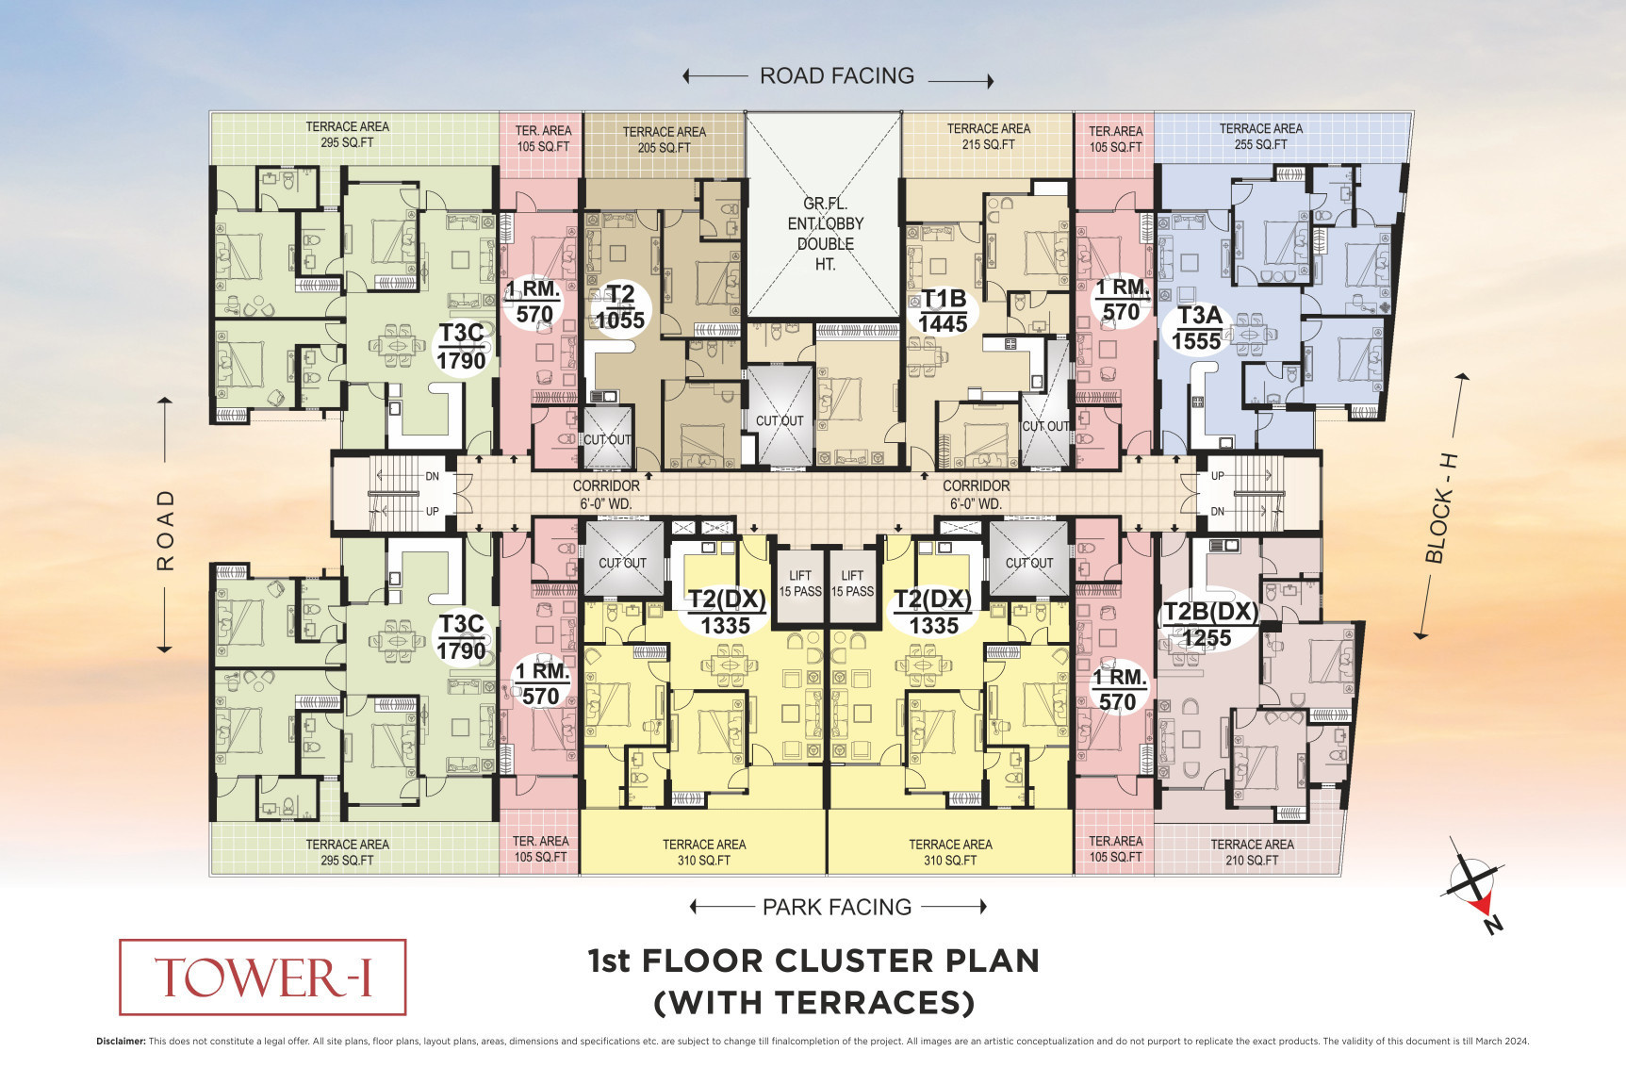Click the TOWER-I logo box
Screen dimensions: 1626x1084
[x=262, y=977]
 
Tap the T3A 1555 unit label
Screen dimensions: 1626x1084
[x=1198, y=328]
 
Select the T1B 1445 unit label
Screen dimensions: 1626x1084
[x=944, y=311]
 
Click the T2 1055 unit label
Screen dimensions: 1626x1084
[x=620, y=307]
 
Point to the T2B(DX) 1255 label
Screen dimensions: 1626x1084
[x=1210, y=624]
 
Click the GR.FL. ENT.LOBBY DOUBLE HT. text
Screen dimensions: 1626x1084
[x=826, y=234]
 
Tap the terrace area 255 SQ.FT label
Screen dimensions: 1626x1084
[x=1260, y=136]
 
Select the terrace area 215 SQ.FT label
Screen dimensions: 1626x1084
[x=988, y=136]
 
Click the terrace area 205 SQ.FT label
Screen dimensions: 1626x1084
[x=664, y=140]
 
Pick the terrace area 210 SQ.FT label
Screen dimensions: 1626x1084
[x=1252, y=852]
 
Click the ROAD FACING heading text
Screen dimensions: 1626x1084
[x=837, y=75]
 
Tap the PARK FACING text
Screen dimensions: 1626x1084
[x=837, y=907]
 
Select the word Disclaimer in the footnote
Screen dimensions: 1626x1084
[x=121, y=1042]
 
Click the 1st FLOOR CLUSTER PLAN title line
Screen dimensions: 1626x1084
[x=813, y=961]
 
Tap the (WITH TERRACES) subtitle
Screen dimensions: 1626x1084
[x=814, y=1002]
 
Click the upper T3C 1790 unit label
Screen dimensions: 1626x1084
[x=461, y=346]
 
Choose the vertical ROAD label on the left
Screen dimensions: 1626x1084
[x=166, y=530]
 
